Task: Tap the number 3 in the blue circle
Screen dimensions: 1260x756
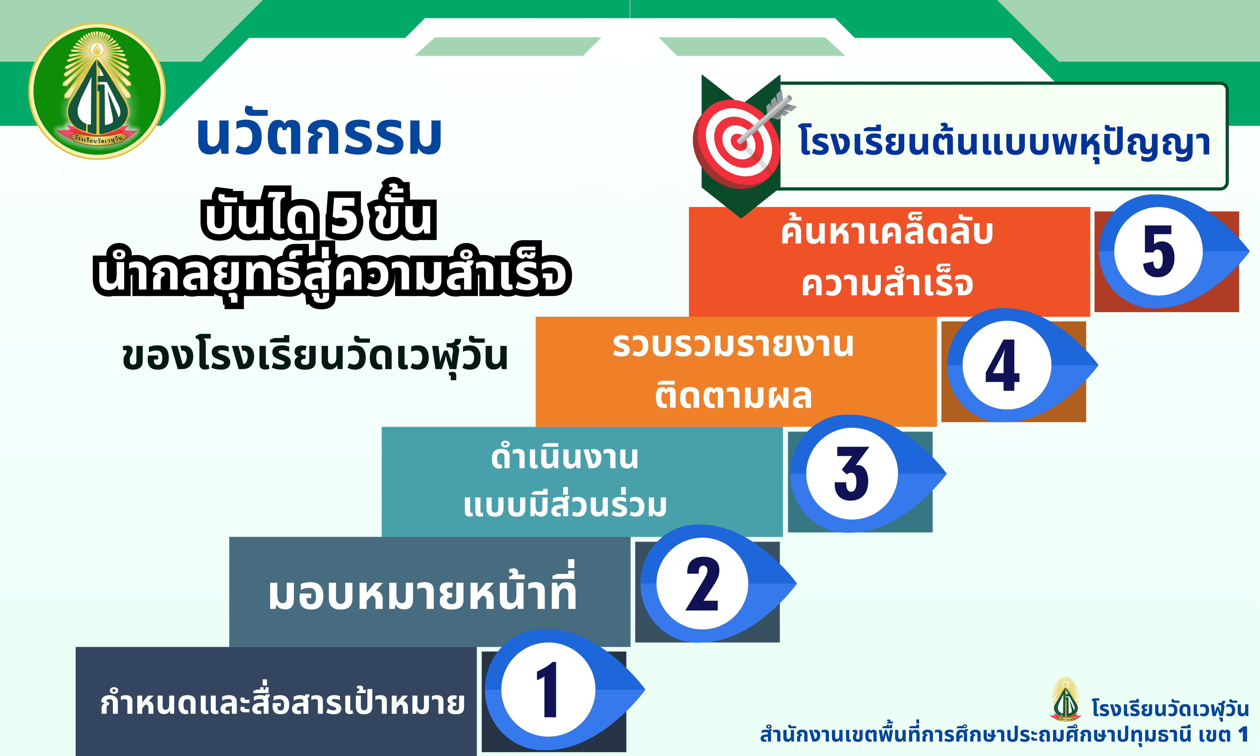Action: pos(851,474)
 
